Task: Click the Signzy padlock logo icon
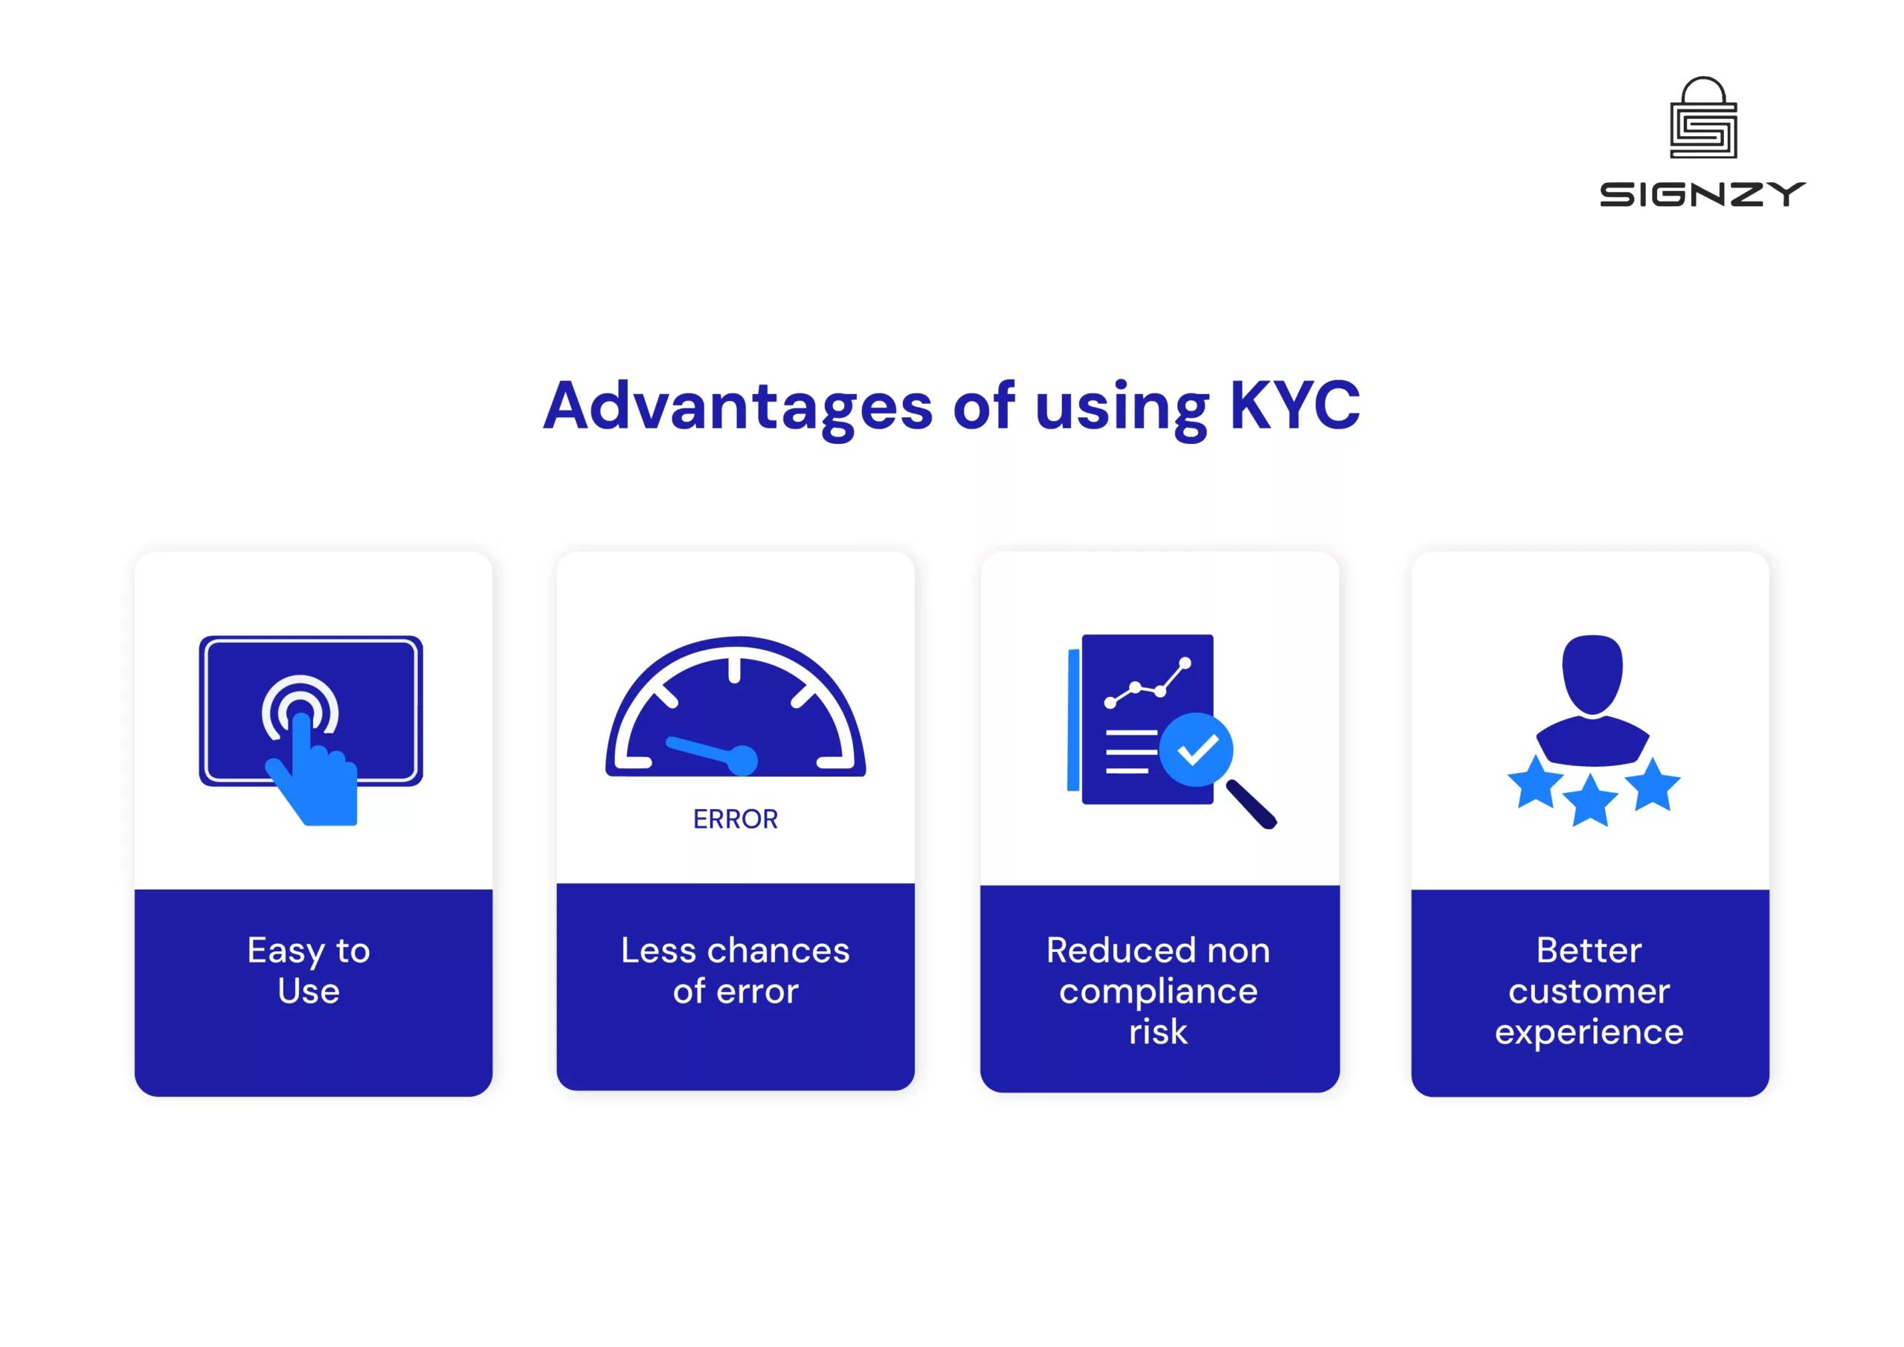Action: tap(1702, 118)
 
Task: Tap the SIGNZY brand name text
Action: tap(1702, 195)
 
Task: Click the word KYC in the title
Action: tap(1293, 405)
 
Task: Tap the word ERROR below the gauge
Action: tap(736, 820)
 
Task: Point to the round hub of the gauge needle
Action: tap(742, 759)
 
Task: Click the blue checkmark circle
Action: tap(1195, 750)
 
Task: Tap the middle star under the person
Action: tap(1589, 800)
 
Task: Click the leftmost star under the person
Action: tap(1535, 782)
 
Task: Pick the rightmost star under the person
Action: tap(1652, 785)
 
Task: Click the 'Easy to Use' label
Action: tap(309, 971)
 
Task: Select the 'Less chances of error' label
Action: tap(736, 971)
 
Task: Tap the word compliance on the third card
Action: tap(1158, 992)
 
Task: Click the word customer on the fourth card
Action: tap(1589, 992)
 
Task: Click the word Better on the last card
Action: tap(1589, 951)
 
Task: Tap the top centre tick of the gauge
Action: tap(734, 670)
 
